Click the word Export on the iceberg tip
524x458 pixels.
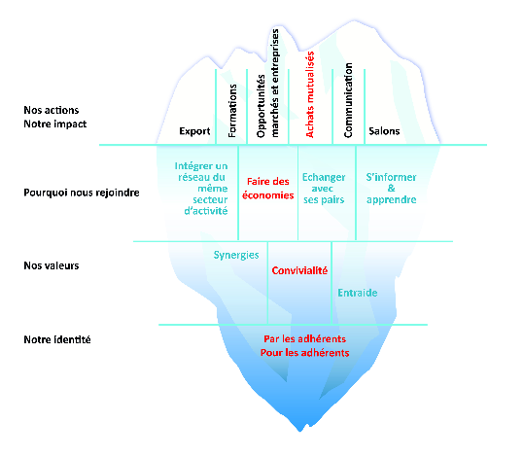tap(194, 131)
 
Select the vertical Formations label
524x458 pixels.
tap(232, 111)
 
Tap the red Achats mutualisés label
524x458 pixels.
tap(310, 94)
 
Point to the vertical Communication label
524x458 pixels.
tap(348, 100)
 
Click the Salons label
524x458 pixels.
tap(384, 131)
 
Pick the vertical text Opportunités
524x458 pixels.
tap(261, 106)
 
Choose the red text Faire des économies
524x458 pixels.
tap(268, 189)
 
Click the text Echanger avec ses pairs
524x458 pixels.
tap(324, 189)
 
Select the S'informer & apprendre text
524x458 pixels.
tap(392, 189)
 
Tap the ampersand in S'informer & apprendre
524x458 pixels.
tap(392, 189)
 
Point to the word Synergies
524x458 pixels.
tap(236, 255)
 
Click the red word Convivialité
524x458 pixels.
tap(299, 270)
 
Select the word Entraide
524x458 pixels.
tap(358, 293)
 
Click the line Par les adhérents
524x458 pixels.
tap(305, 339)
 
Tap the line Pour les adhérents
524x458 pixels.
tap(305, 353)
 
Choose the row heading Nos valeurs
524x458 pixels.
tap(52, 265)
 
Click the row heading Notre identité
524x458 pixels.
tap(57, 339)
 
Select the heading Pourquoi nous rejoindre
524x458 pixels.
tap(82, 193)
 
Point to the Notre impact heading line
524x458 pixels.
tap(55, 124)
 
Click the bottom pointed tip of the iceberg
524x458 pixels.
tap(299, 431)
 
